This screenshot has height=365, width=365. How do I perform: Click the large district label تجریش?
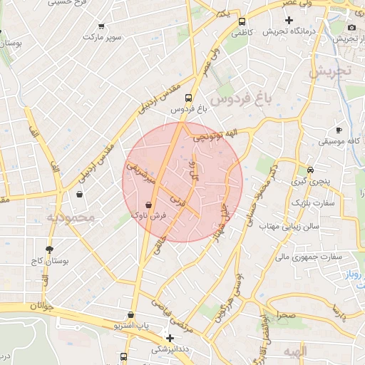click(331, 72)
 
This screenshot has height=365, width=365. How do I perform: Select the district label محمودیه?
click(71, 216)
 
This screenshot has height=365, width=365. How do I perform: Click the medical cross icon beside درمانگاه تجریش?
click(289, 21)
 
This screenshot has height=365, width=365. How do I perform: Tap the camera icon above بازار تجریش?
click(351, 27)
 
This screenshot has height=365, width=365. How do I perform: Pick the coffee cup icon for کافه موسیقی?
click(339, 130)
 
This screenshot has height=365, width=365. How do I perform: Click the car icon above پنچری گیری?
click(311, 170)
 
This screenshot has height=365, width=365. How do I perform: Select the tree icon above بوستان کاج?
click(49, 250)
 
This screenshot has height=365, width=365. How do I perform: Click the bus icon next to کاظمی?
click(242, 21)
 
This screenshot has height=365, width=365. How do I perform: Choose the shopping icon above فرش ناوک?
click(148, 204)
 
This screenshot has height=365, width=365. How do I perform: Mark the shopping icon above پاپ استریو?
click(130, 314)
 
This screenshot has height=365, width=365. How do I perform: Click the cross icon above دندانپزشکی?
click(170, 338)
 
